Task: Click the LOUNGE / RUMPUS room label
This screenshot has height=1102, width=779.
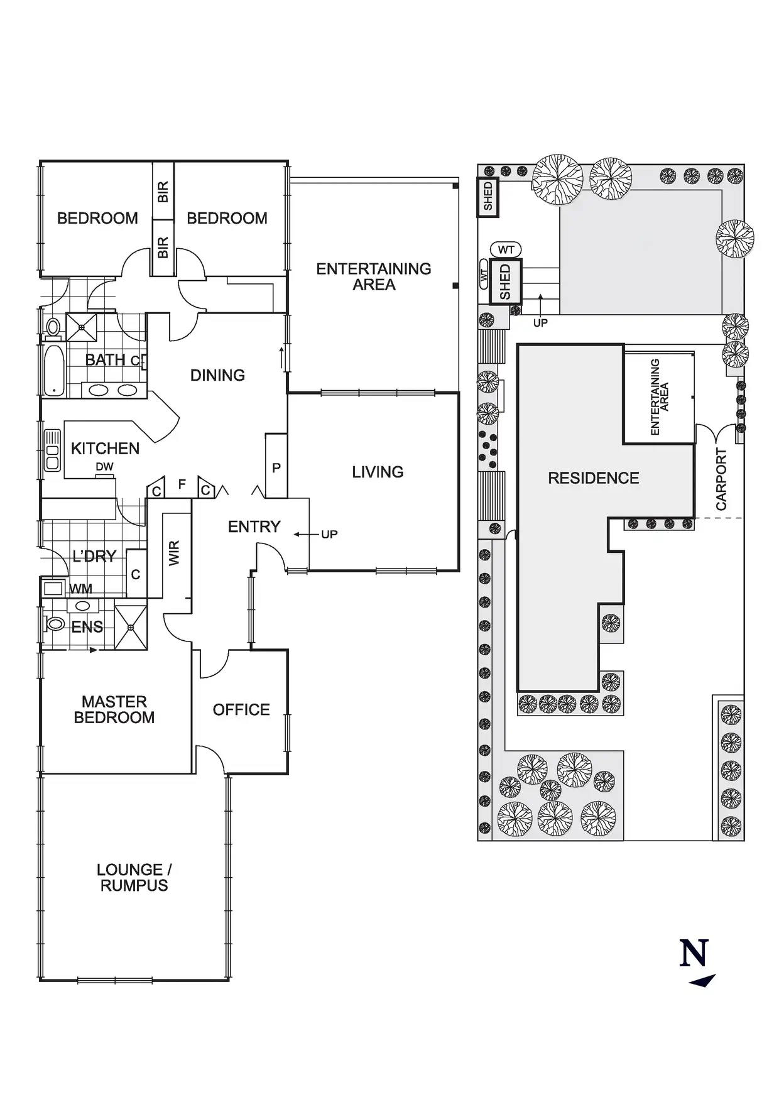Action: coord(134,878)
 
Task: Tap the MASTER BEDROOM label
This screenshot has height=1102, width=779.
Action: coord(114,709)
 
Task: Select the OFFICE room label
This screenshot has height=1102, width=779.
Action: coord(241,710)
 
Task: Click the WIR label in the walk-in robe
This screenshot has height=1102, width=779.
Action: coord(175,553)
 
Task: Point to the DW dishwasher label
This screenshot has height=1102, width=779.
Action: coord(104,467)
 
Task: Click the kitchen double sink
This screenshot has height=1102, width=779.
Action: coord(52,450)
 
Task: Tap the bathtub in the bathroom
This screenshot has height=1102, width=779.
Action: coord(54,371)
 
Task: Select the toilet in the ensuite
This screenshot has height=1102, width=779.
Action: coord(55,624)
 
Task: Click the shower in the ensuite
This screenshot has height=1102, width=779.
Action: coord(131,627)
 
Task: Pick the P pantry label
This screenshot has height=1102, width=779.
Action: coord(276,468)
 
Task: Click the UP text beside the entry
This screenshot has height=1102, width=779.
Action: coord(329,535)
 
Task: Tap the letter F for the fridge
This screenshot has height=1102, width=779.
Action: coord(182,484)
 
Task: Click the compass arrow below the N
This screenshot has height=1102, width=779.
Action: coord(703,981)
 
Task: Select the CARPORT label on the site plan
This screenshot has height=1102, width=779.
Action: coord(721,479)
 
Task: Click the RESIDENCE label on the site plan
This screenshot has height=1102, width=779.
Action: coord(593,478)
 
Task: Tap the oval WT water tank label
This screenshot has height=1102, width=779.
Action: coord(506,250)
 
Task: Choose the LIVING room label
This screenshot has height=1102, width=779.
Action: coord(378,472)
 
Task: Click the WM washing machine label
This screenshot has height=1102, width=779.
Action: coord(80,589)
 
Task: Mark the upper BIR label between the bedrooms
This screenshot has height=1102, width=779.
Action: coord(163,192)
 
